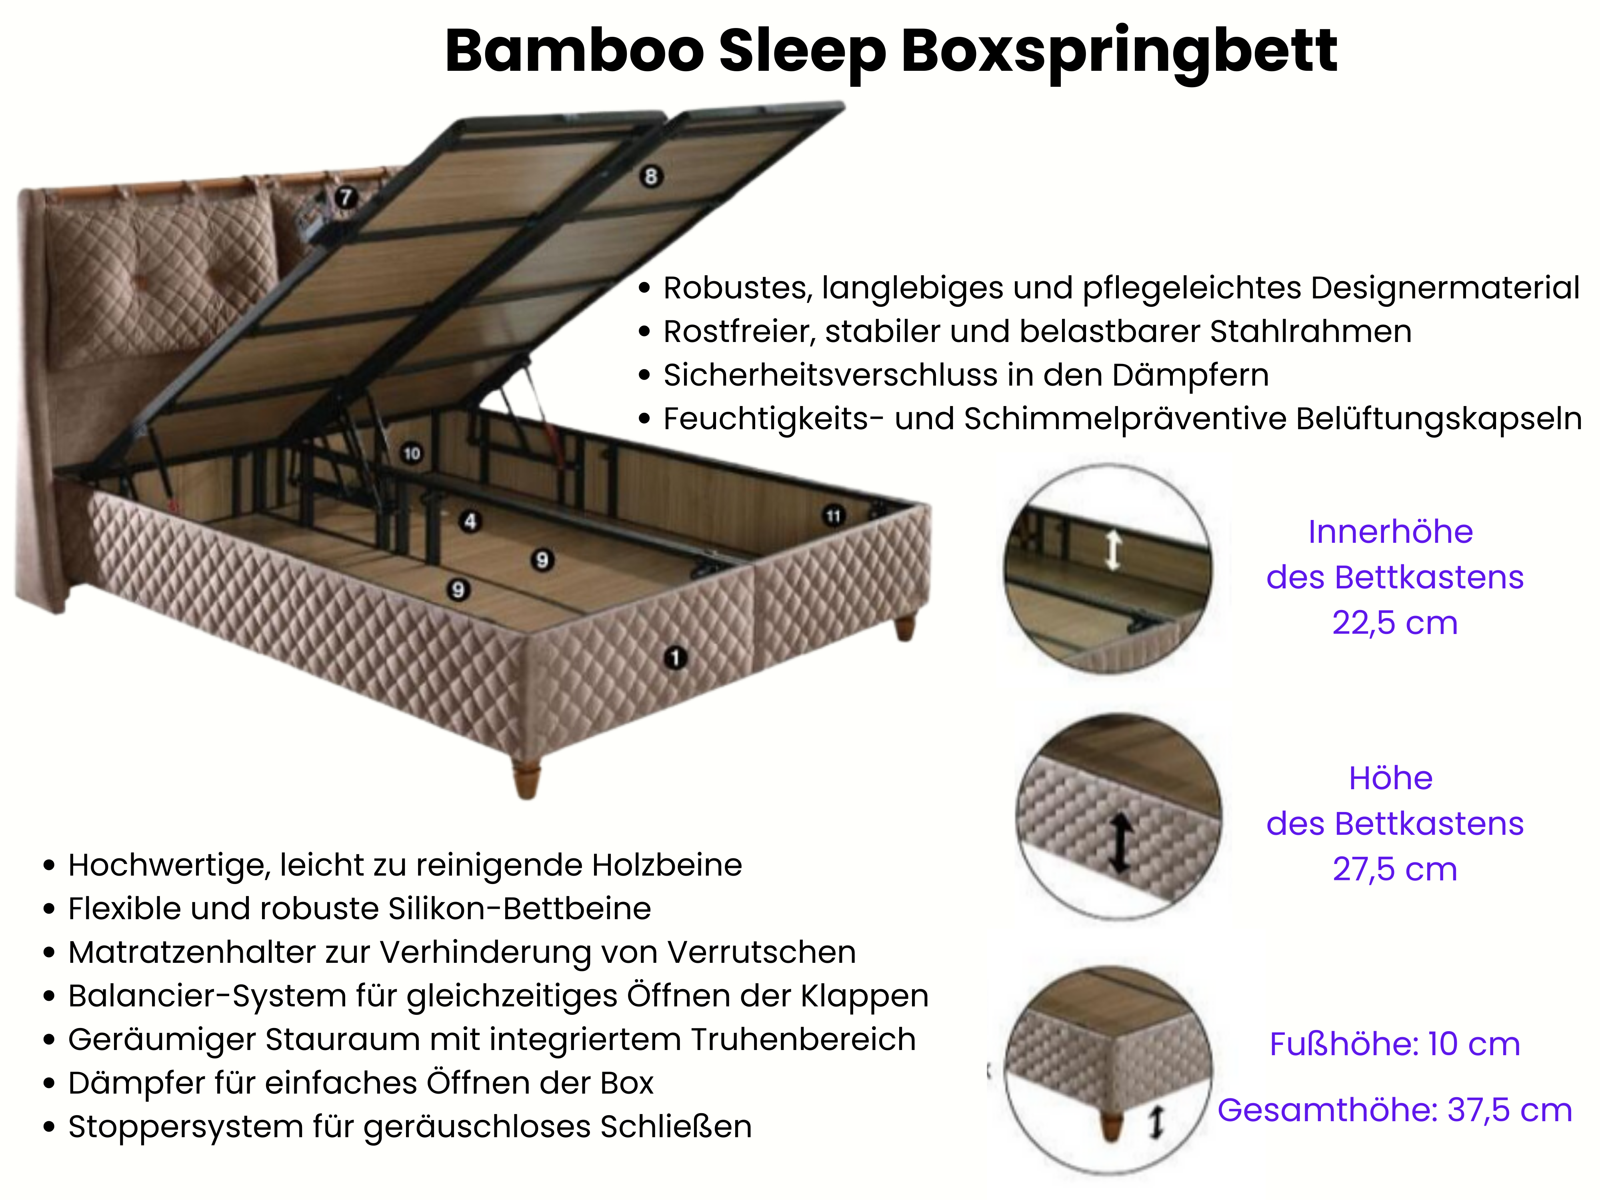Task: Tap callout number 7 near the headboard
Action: point(346,197)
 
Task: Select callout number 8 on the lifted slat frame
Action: point(650,176)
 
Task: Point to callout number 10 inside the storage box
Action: point(412,454)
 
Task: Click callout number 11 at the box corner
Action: point(833,516)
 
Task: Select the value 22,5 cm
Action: point(1394,623)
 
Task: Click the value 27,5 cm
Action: point(1394,869)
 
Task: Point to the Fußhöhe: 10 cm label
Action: point(1394,1044)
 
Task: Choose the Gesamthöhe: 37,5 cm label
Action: point(1394,1110)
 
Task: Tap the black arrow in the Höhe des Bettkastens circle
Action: point(1120,843)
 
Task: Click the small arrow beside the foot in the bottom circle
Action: point(1156,1122)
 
